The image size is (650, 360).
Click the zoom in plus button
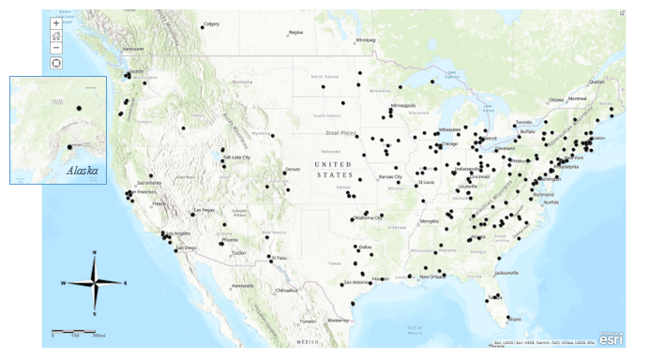(56, 22)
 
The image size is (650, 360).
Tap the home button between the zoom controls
(56, 35)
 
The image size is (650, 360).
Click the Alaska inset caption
(82, 171)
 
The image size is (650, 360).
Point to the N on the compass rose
(95, 253)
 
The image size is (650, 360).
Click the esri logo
(611, 337)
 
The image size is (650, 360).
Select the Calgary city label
(212, 23)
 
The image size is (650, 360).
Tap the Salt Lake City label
(235, 157)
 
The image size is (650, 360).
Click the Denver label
(293, 169)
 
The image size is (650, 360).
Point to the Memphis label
(431, 221)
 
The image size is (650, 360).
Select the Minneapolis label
(403, 105)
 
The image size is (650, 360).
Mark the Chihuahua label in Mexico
(286, 291)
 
